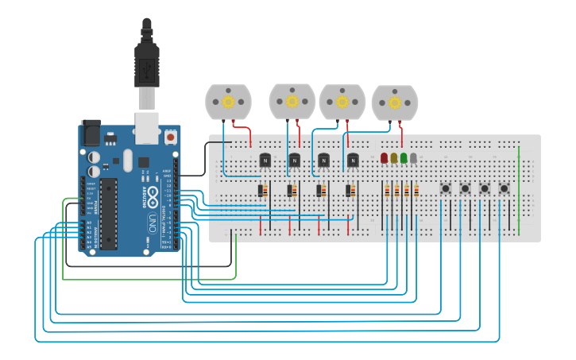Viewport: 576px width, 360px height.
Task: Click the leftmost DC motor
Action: click(228, 102)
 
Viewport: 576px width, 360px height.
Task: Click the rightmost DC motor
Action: click(394, 103)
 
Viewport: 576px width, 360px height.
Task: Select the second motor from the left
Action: click(292, 101)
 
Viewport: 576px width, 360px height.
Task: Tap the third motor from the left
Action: click(342, 102)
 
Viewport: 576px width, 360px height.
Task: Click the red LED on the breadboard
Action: click(385, 158)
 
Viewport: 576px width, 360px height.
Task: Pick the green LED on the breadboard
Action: click(404, 158)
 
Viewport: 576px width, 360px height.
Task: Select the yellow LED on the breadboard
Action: click(394, 158)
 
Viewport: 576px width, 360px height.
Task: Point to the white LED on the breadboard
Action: click(413, 158)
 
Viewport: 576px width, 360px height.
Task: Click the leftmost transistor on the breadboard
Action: click(265, 161)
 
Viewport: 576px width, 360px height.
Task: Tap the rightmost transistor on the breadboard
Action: click(353, 161)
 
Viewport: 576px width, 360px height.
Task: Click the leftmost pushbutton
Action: click(446, 189)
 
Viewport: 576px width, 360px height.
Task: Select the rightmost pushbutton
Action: click(504, 189)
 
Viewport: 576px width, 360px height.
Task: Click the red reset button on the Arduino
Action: click(170, 137)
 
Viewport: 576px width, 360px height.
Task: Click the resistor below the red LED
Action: click(387, 191)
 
